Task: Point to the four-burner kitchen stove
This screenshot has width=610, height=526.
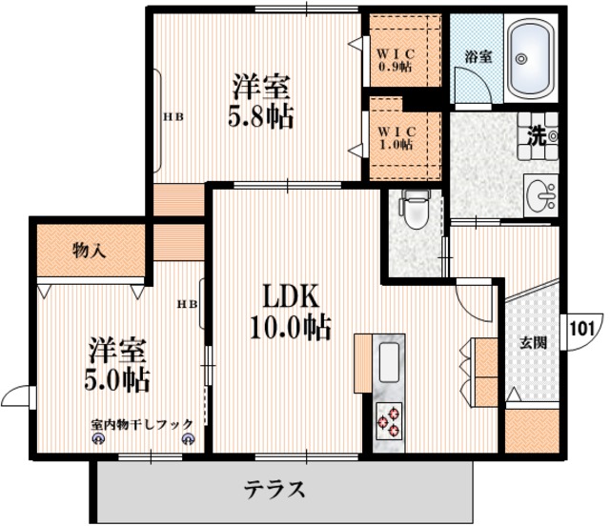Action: click(390, 420)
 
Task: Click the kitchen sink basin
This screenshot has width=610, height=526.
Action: click(391, 363)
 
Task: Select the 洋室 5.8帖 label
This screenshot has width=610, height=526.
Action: click(259, 101)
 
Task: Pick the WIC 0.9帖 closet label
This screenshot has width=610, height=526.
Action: click(394, 59)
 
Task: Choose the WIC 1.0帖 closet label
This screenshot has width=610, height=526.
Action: click(394, 137)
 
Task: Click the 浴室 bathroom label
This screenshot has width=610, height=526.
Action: click(478, 56)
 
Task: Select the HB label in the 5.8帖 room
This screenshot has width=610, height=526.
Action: click(172, 118)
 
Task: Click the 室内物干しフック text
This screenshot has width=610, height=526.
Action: click(142, 423)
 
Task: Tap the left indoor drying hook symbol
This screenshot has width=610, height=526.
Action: click(97, 439)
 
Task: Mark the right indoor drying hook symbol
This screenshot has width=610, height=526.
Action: click(187, 439)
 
